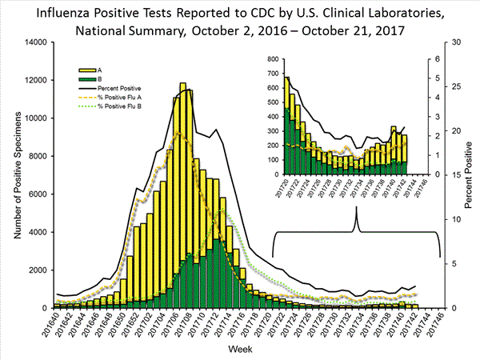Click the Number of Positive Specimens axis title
14,176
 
